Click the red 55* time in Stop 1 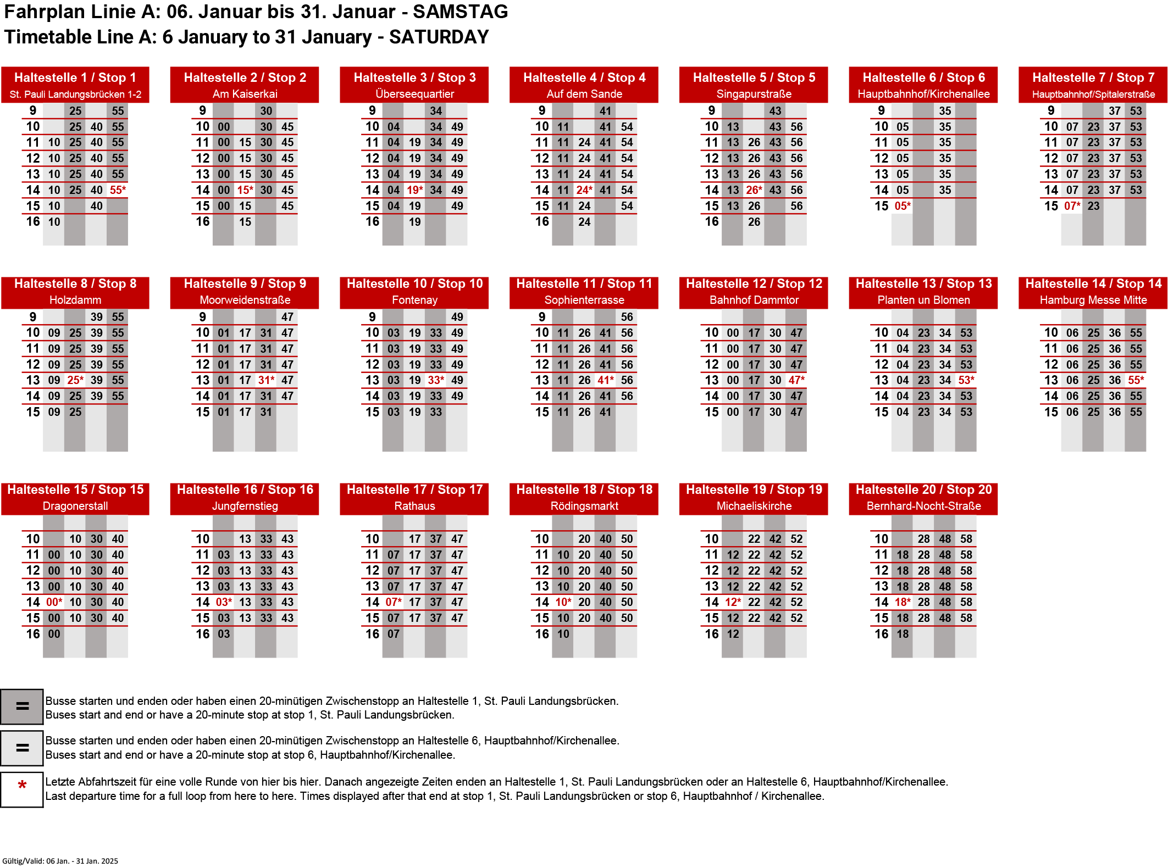[118, 190]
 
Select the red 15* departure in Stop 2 [245, 190]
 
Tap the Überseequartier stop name [414, 94]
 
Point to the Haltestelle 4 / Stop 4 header [584, 77]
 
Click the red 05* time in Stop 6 [903, 206]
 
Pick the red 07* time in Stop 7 [1072, 206]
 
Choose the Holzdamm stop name [75, 300]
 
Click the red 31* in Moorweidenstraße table [267, 380]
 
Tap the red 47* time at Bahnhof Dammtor [796, 380]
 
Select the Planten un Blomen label [923, 300]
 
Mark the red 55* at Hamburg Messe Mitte [1136, 380]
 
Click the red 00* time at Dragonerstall [54, 602]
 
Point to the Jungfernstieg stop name [245, 506]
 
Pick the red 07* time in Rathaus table [394, 602]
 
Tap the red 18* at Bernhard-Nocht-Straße [903, 602]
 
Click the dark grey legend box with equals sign [22, 706]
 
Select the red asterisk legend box [22, 789]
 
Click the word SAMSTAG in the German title [461, 12]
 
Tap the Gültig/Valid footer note [60, 861]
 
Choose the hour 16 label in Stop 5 [712, 221]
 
